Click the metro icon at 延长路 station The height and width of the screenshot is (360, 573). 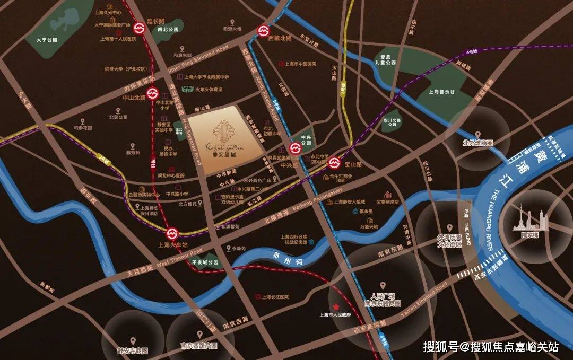point(140,28)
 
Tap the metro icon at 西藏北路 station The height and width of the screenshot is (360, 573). point(263,31)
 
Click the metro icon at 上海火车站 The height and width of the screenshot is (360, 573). point(171,233)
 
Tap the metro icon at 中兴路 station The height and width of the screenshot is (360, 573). point(295,148)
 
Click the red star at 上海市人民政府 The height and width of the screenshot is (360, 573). point(336,307)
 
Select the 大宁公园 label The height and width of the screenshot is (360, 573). point(46,40)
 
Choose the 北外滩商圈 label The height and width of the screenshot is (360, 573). point(477,143)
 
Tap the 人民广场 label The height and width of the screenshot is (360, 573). point(386,296)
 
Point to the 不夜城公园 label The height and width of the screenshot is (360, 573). point(205,262)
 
